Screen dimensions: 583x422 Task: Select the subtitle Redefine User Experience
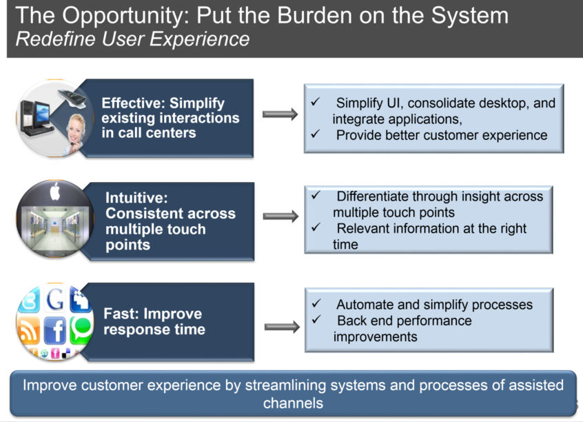[x=132, y=39]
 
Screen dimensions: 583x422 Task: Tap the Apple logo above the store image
[x=55, y=192]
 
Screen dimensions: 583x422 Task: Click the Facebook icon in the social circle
[x=54, y=330]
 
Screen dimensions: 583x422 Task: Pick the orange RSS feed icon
[x=29, y=331]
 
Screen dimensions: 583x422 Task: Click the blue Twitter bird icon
[x=29, y=300]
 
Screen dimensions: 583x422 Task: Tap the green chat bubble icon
[x=81, y=330]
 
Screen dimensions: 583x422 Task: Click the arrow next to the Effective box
[x=280, y=114]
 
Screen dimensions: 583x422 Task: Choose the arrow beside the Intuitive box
[x=280, y=217]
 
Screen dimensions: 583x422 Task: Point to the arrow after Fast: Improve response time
[x=282, y=327]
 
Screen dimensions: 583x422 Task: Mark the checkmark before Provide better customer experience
[x=316, y=133]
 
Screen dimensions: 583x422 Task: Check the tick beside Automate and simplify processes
[x=316, y=303]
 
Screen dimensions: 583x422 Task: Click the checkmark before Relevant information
[x=316, y=227]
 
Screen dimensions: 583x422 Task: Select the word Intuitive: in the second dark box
[x=136, y=198]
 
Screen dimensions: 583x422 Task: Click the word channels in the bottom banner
[x=293, y=403]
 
